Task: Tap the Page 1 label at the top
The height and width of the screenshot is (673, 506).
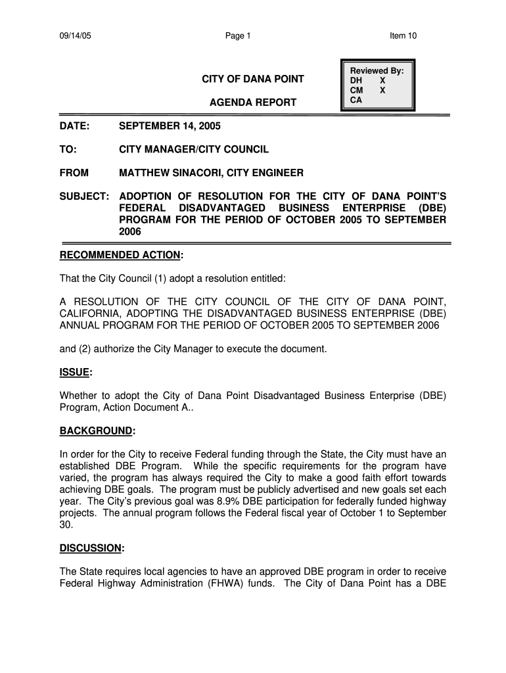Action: (237, 35)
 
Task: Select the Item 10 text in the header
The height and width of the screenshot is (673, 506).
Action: (403, 35)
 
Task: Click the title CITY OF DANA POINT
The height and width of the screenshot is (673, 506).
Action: (252, 80)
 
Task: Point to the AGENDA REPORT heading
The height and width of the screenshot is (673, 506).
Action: (252, 103)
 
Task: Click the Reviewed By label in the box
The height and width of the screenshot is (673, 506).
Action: (377, 70)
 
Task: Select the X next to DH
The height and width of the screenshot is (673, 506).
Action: (382, 80)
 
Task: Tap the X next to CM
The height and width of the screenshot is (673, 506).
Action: (382, 90)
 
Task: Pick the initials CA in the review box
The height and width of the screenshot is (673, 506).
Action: (356, 100)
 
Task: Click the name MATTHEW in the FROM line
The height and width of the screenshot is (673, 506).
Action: (142, 173)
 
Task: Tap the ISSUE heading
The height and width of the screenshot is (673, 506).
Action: (75, 373)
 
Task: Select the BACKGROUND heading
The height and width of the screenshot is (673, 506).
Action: (97, 430)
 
